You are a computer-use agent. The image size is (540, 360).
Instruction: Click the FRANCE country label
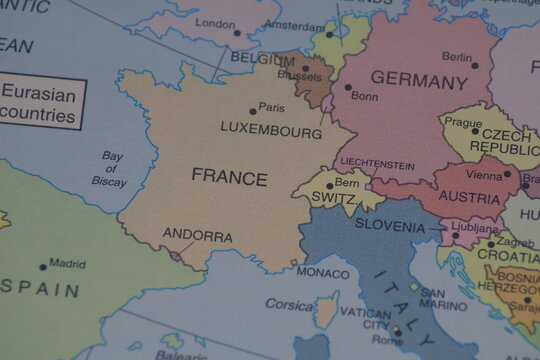229,179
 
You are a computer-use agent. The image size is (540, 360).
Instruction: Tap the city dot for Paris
253,111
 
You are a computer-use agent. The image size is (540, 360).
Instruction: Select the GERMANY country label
419,80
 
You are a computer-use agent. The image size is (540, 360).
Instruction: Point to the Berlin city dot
475,66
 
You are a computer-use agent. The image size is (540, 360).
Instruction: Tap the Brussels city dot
305,68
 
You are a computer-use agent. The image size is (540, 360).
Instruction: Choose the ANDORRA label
197,237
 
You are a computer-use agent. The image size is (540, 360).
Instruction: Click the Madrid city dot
43,267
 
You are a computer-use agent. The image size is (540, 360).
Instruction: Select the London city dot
237,32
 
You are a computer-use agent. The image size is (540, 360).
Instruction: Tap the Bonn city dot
348,87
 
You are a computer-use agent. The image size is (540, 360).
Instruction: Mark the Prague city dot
475,130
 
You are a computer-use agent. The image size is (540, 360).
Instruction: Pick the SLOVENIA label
390,226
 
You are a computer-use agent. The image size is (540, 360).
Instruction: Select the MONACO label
323,272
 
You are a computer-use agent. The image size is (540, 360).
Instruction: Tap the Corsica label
289,304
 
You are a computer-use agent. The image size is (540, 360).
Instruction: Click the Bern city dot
329,185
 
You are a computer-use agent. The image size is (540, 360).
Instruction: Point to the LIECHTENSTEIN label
377,164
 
